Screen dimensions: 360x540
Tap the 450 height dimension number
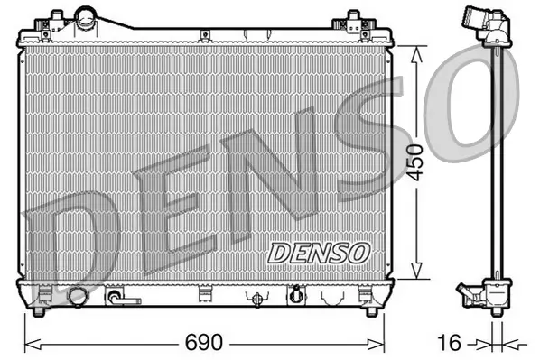415,162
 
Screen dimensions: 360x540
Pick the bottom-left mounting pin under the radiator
41,312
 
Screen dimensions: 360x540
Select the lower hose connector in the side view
475,295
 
